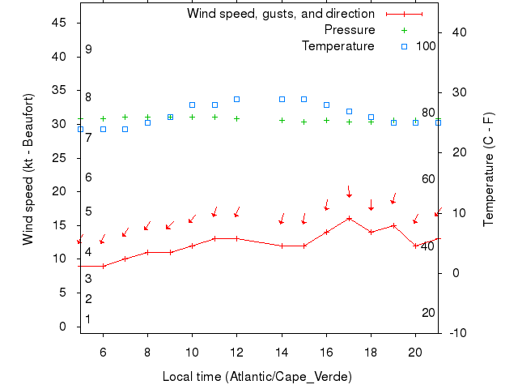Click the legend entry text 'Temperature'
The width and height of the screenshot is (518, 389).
(338, 46)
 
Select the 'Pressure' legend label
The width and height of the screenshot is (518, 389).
(350, 30)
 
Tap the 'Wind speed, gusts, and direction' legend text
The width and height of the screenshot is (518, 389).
(281, 14)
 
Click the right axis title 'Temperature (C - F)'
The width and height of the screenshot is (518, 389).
(489, 169)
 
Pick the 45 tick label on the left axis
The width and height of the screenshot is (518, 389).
(58, 23)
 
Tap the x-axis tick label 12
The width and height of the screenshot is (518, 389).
(236, 352)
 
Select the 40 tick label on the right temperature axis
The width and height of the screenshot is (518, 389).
(456, 32)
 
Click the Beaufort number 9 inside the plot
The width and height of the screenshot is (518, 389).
(88, 49)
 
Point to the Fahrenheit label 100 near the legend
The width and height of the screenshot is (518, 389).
(426, 46)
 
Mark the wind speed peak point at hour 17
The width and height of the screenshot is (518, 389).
(349, 218)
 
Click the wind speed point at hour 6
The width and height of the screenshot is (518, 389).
(103, 266)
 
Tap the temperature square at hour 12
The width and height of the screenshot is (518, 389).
(236, 99)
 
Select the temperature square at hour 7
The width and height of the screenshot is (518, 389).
(125, 129)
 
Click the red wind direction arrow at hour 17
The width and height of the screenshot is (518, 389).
(349, 191)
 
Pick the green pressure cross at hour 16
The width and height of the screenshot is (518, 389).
(326, 120)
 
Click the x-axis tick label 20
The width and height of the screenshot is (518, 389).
(415, 352)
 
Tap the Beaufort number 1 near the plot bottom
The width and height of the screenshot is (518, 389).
(88, 319)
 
